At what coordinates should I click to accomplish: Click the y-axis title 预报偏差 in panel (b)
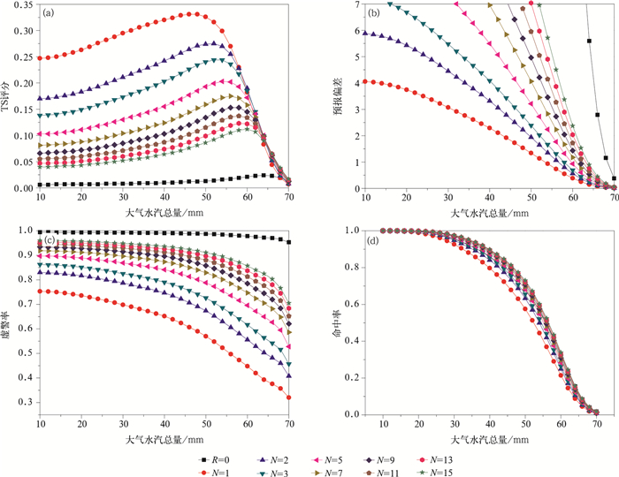[x=327, y=97]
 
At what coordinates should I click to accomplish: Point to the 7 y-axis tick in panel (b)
[x=335, y=6]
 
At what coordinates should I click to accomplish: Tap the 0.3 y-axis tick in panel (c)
[x=27, y=403]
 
